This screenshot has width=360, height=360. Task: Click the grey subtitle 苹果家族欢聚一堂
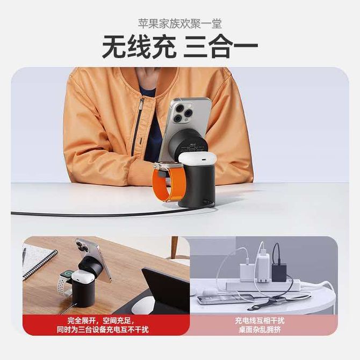(x=180, y=24)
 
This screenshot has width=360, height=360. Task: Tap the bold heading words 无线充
(x=139, y=47)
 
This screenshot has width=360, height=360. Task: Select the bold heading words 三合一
(x=221, y=47)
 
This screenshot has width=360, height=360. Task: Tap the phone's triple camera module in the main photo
(x=182, y=112)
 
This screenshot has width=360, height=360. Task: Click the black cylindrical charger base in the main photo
(x=197, y=186)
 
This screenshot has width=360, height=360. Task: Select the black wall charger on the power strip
(x=279, y=272)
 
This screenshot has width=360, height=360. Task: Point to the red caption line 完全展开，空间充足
(x=101, y=321)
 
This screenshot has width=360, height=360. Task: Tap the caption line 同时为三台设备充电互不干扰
(x=103, y=330)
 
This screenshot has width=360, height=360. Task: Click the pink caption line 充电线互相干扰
(x=260, y=321)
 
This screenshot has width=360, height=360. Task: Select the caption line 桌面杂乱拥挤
(x=260, y=330)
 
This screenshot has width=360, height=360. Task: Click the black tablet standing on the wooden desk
(x=166, y=291)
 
